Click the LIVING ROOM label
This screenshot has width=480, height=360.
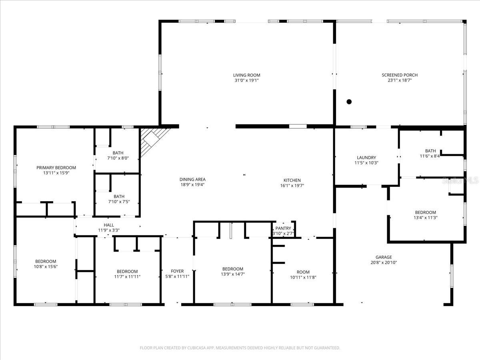coord(247,75)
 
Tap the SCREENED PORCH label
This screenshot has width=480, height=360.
coord(400,75)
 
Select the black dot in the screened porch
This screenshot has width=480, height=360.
coord(349,102)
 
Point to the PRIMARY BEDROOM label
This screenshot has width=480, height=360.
coord(56,168)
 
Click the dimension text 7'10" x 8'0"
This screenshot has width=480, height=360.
coord(118,158)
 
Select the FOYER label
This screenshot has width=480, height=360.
coord(177,271)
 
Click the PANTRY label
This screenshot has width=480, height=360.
coord(283,228)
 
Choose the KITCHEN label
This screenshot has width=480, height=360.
coord(292,180)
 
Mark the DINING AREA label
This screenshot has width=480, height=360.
coord(192,180)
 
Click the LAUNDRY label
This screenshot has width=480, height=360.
coord(366,158)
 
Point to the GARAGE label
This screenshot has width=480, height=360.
coord(384,257)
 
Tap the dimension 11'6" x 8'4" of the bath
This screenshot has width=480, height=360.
coord(430,156)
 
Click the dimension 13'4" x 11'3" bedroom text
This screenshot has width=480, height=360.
coord(425,218)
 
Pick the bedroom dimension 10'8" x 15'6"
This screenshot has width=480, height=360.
coord(46,266)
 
